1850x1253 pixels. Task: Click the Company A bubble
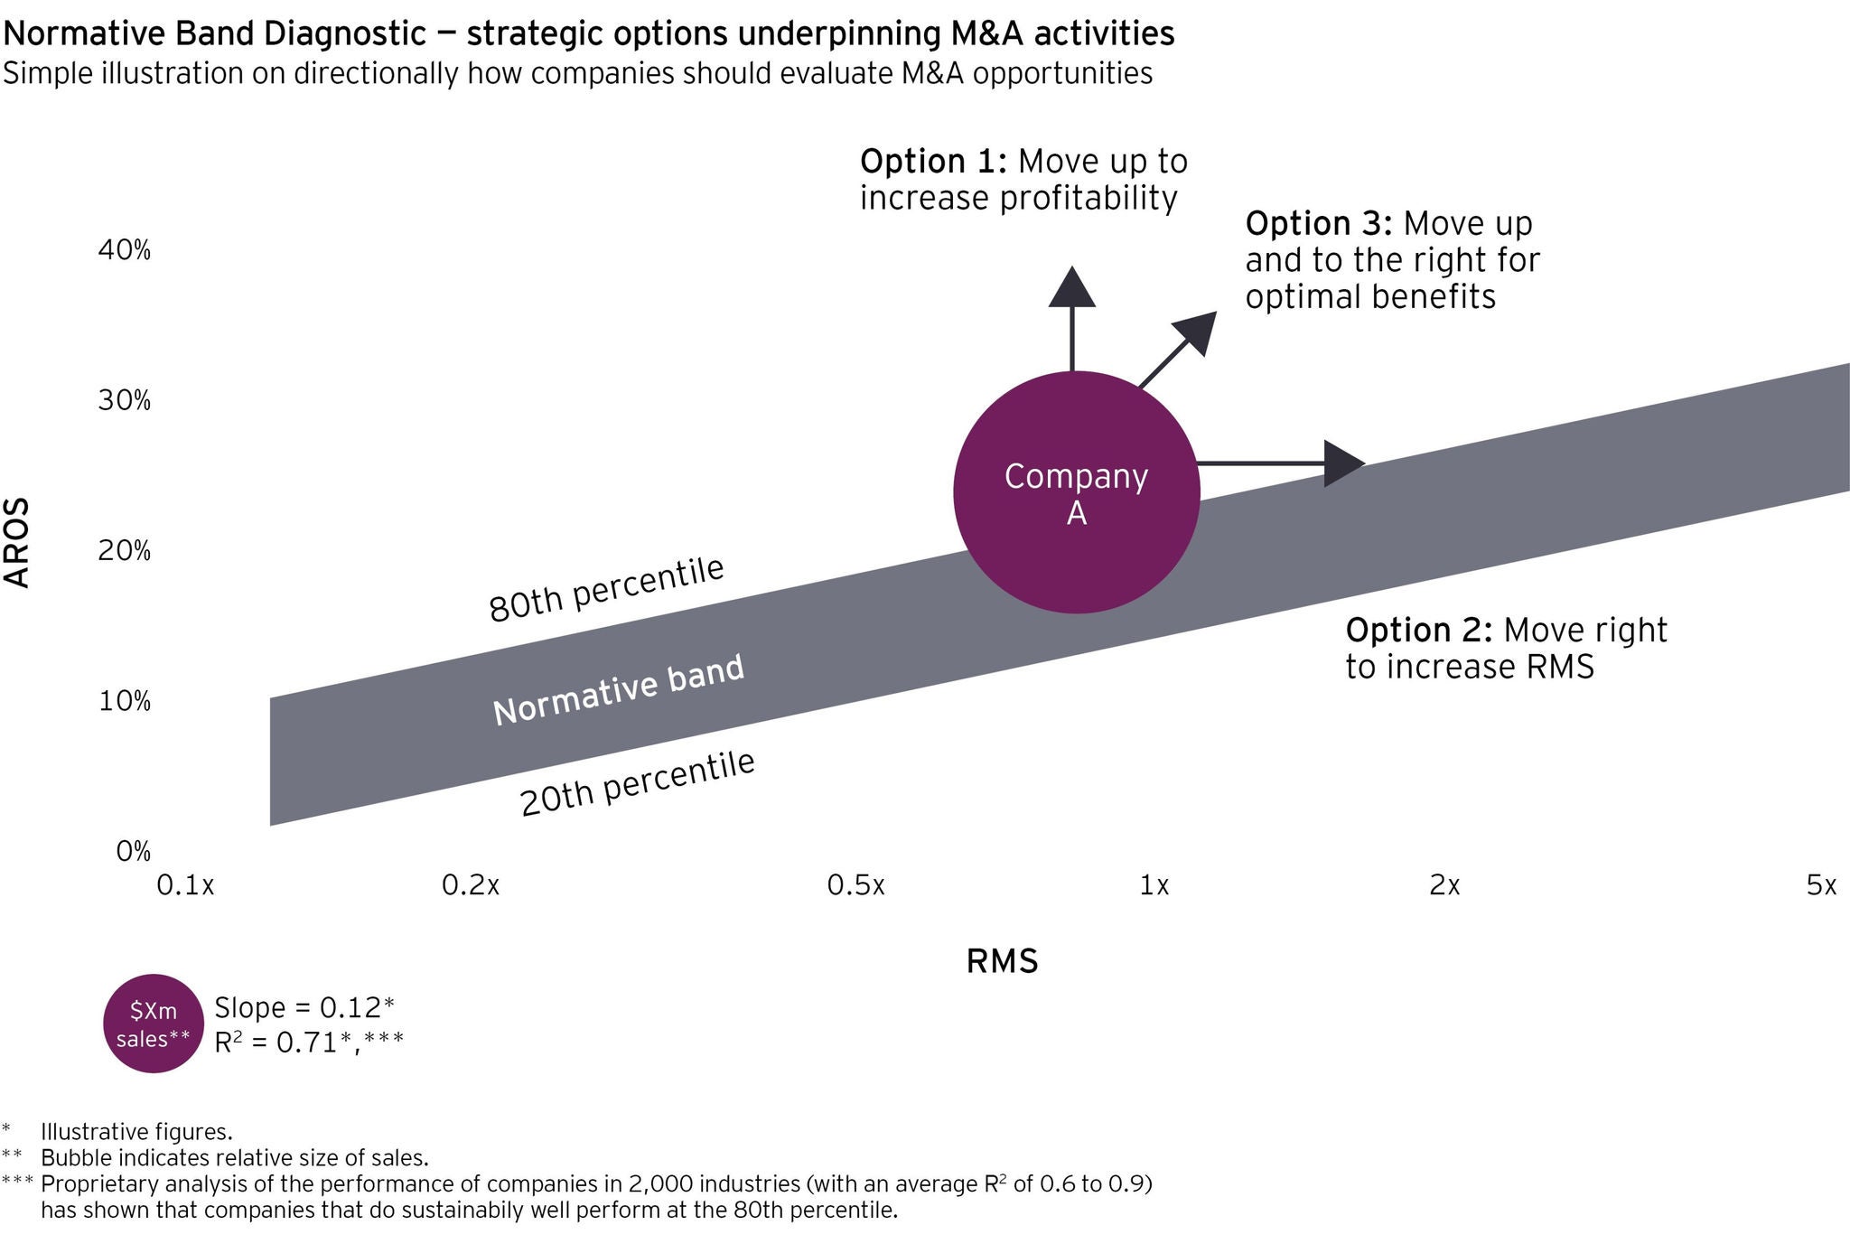click(x=1077, y=492)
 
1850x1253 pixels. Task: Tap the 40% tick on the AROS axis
click(x=125, y=250)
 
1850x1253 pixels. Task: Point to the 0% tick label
click(x=133, y=851)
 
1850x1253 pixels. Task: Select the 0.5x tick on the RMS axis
click(x=855, y=885)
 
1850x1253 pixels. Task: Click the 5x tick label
click(x=1821, y=885)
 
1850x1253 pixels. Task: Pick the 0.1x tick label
click(x=185, y=885)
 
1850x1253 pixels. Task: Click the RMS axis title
click(x=1002, y=961)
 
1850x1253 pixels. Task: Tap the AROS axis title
click(x=18, y=543)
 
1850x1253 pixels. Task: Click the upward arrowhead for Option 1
click(x=1072, y=286)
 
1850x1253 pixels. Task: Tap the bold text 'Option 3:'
click(x=1318, y=223)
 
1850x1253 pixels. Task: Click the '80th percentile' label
click(x=606, y=589)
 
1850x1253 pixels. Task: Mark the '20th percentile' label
click(x=638, y=783)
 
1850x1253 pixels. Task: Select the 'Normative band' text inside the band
click(x=619, y=689)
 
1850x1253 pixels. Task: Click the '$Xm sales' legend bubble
click(x=154, y=1024)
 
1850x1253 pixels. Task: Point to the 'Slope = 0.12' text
click(x=304, y=1007)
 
